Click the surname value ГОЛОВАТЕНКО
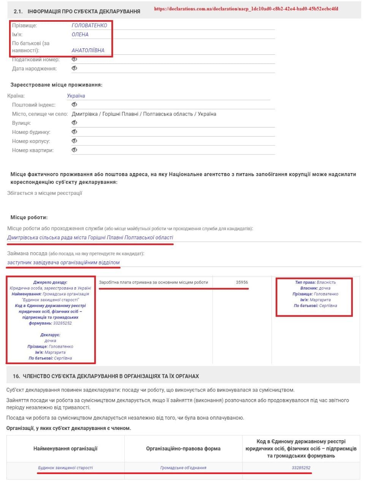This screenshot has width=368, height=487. (x=89, y=25)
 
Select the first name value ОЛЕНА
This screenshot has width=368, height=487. (x=80, y=35)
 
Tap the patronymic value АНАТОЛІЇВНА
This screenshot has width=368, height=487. (x=88, y=50)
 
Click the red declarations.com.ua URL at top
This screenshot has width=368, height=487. (x=246, y=9)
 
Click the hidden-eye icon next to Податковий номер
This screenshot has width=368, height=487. (x=75, y=59)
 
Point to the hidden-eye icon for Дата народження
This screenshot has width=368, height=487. (x=75, y=68)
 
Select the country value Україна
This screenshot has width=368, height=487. (x=76, y=96)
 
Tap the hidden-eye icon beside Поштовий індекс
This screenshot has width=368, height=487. (x=75, y=105)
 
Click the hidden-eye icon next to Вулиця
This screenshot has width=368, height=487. (x=75, y=123)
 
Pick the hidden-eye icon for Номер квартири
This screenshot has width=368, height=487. (x=75, y=150)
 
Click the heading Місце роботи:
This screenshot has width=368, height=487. (x=29, y=218)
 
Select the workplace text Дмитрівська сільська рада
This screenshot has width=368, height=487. (x=90, y=237)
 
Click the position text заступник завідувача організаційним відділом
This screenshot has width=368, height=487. (x=63, y=263)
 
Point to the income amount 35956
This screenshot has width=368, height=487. (x=242, y=282)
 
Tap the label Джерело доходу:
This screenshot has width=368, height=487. (x=50, y=282)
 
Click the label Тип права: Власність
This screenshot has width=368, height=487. (x=315, y=282)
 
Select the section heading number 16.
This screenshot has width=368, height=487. (x=16, y=376)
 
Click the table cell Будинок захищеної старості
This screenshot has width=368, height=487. (x=65, y=468)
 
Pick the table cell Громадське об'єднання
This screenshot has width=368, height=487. (x=183, y=468)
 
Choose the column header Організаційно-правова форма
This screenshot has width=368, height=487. (x=183, y=449)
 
